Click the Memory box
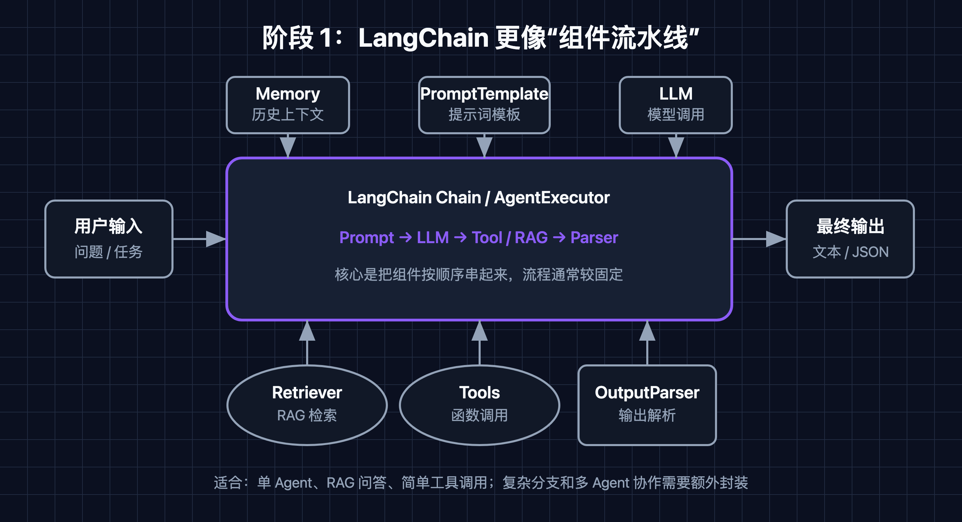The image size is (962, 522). click(288, 105)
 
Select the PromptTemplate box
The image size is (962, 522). click(484, 105)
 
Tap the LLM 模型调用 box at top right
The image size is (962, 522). click(675, 105)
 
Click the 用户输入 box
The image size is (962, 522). click(109, 239)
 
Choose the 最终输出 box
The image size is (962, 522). click(850, 239)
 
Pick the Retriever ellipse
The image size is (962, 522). click(307, 405)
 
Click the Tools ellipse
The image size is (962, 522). click(480, 405)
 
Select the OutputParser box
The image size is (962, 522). click(647, 405)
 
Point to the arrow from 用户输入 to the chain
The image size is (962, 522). click(200, 239)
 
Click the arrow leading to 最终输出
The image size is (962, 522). click(759, 239)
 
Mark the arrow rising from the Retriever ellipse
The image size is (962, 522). click(307, 343)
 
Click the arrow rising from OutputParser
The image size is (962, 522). click(647, 343)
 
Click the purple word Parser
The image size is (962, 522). click(594, 238)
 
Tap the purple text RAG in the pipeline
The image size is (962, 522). click(531, 238)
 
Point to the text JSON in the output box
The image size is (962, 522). click(870, 252)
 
